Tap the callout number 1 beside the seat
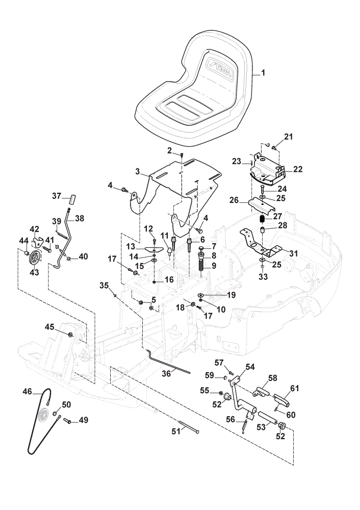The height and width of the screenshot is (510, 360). coord(263,72)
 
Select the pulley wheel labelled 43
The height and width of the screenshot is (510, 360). coord(34,259)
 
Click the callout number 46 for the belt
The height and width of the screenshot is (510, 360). coord(28,391)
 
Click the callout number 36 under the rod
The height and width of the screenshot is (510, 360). coord(166,374)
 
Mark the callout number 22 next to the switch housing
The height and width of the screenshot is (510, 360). coord(298,169)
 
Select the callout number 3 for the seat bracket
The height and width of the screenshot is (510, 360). coord(138,171)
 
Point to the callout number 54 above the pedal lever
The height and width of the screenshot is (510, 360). coord(250,367)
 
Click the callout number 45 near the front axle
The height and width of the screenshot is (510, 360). coord(49,326)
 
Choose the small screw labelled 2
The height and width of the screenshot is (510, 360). coord(182,155)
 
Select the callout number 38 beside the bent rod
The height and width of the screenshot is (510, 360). coord(80,218)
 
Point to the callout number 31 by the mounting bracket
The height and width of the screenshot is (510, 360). coord(293,253)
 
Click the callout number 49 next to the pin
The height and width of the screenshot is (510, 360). coord(84,420)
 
